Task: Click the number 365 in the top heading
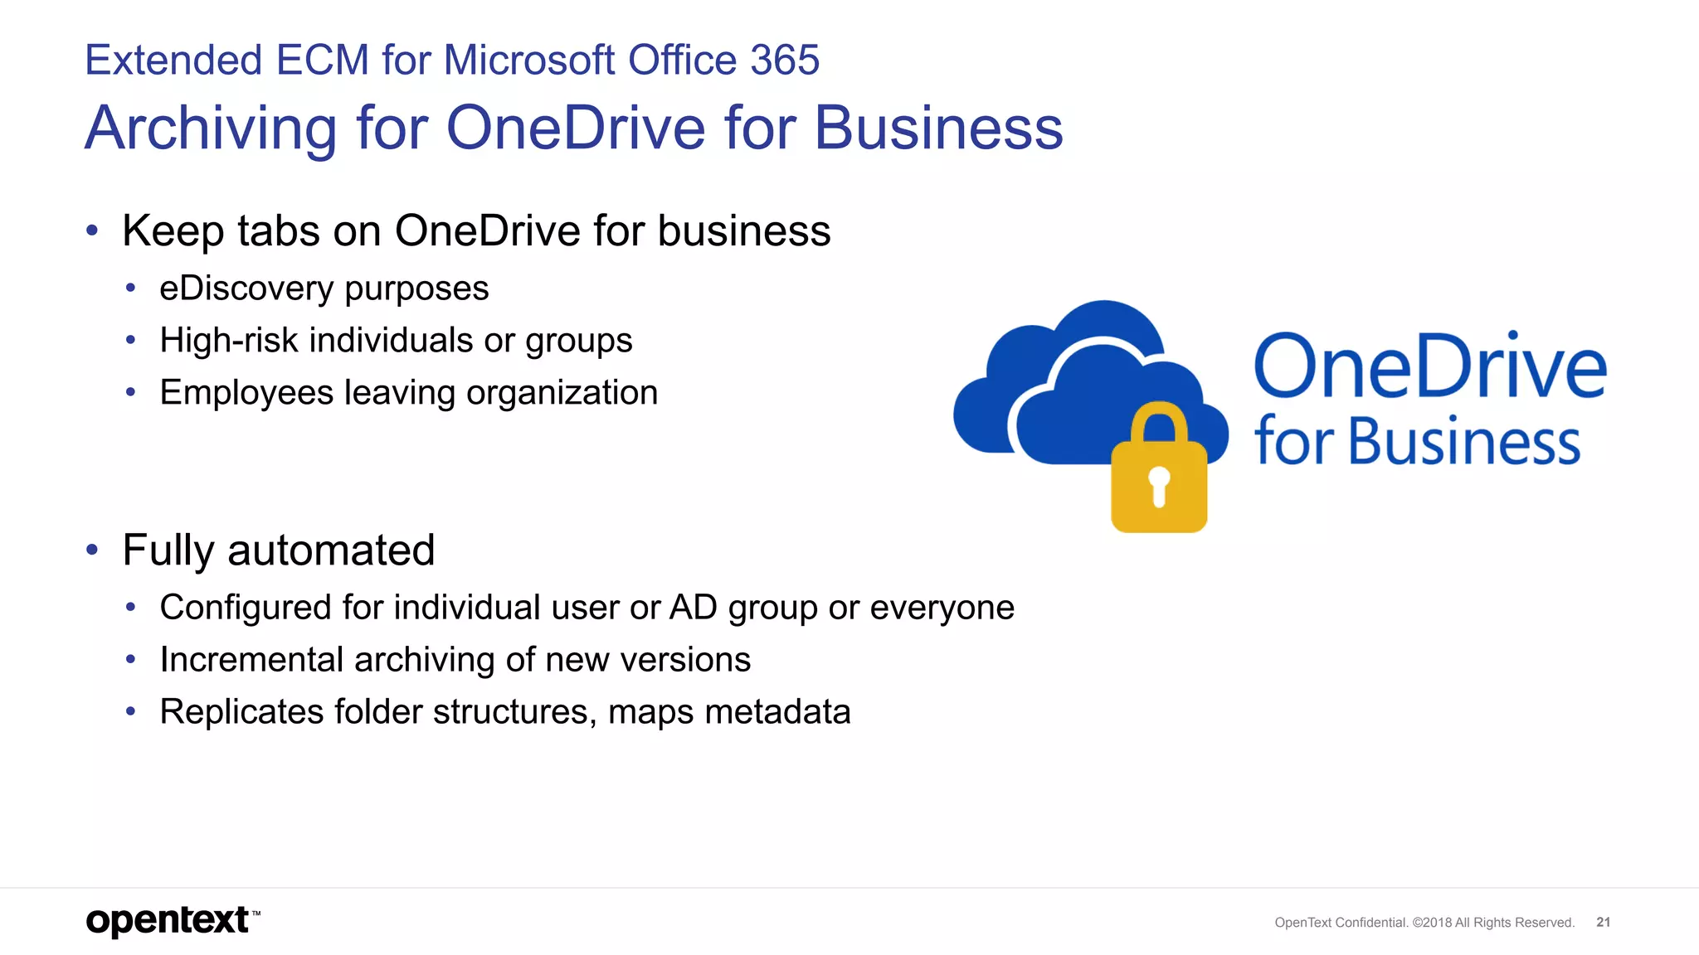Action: (784, 61)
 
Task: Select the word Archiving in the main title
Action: (211, 128)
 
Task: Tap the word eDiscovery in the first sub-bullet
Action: (246, 288)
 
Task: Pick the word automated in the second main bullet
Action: (331, 550)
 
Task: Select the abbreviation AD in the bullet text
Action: (693, 608)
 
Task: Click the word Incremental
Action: (251, 660)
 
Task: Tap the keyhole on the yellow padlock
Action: (1159, 485)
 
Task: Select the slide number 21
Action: (1603, 923)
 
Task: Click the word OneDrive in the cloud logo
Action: (1429, 366)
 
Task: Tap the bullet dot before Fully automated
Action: (92, 550)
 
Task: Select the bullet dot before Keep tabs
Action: (92, 230)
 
